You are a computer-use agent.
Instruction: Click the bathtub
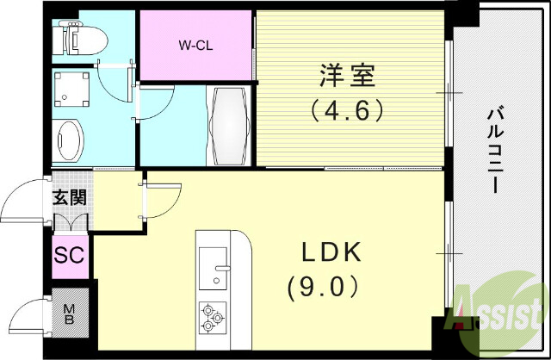229,126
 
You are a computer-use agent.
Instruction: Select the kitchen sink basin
211,267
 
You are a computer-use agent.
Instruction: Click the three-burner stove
212,317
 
